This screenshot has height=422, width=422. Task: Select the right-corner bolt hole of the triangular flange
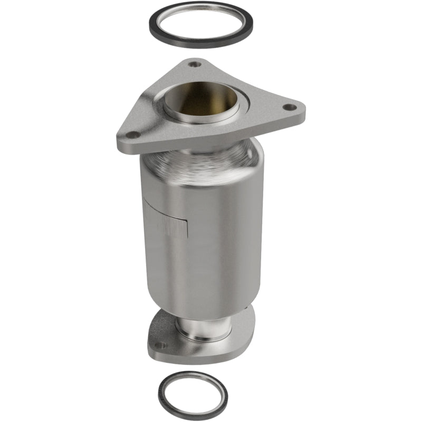[x=287, y=107]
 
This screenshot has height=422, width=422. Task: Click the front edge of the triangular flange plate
[x=211, y=141]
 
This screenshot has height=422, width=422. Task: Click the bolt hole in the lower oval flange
[x=161, y=346]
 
